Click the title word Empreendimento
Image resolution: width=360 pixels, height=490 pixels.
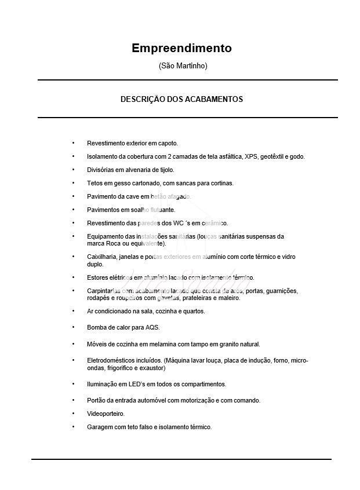[x=181, y=48]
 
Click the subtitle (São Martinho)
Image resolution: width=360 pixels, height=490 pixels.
[x=183, y=66]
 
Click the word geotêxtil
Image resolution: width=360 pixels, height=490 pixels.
[x=274, y=156]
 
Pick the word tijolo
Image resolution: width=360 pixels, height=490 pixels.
[x=166, y=170]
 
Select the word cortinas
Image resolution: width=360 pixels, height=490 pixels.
[x=221, y=183]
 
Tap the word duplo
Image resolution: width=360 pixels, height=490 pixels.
[x=95, y=264]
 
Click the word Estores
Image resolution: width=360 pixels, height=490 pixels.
[x=97, y=277]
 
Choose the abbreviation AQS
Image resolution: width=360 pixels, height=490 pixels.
[x=152, y=327]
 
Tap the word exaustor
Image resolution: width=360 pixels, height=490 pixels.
[x=152, y=368]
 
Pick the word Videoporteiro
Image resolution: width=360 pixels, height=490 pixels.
[x=106, y=414]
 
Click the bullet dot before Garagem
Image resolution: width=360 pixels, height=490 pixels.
[x=73, y=427]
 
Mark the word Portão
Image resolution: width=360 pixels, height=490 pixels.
[x=97, y=400]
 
